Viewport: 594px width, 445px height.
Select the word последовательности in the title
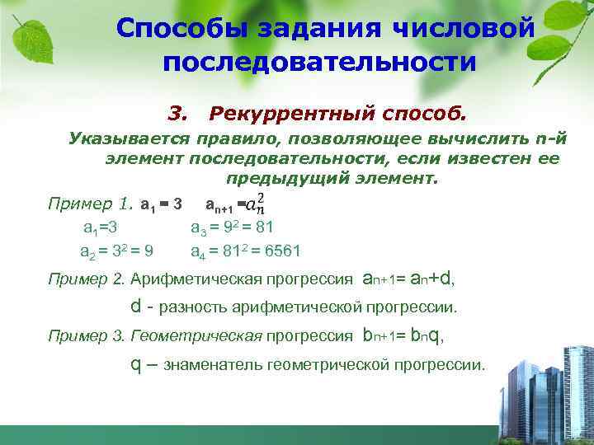pyautogui.click(x=320, y=62)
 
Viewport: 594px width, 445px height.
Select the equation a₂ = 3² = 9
pyautogui.click(x=120, y=251)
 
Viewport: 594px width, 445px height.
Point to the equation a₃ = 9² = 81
pyautogui.click(x=232, y=227)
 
